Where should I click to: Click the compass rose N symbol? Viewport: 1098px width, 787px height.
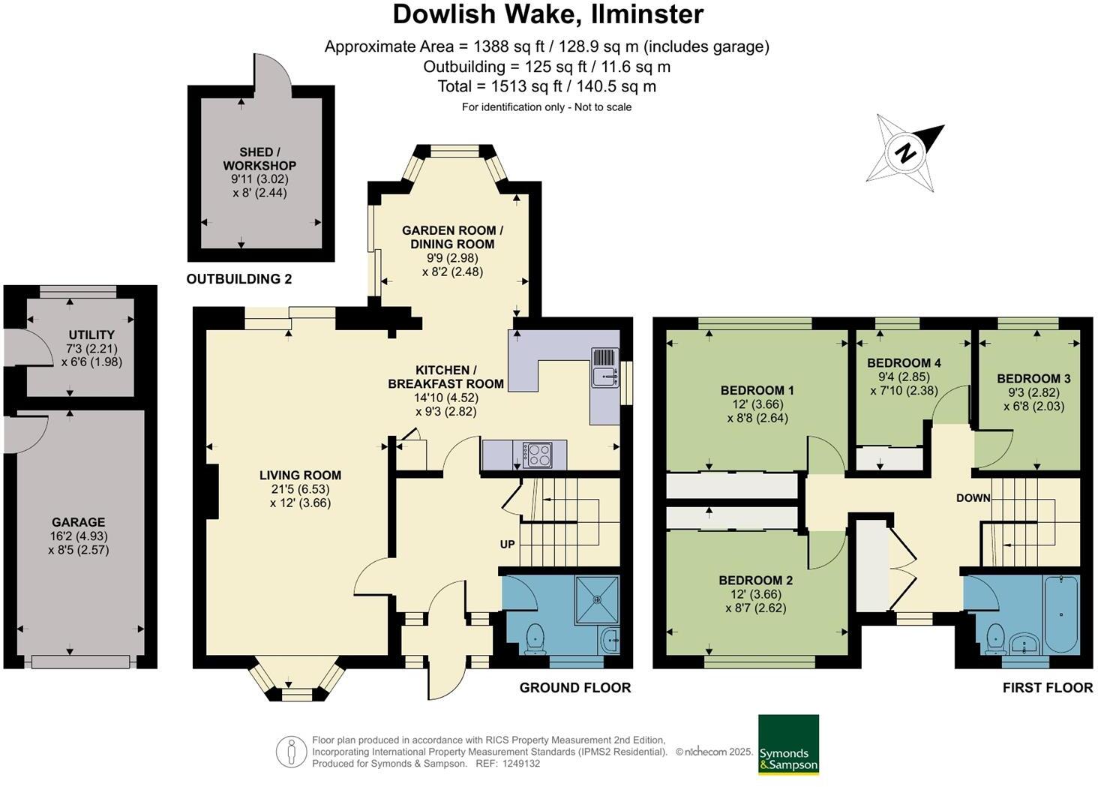click(x=906, y=153)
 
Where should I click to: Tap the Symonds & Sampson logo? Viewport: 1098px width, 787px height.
click(x=788, y=744)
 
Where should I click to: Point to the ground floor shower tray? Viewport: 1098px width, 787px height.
click(x=598, y=599)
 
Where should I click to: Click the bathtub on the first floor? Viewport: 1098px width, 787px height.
click(x=1061, y=614)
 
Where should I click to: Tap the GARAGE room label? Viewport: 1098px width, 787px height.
click(x=78, y=522)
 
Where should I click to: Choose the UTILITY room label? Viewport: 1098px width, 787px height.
click(x=91, y=335)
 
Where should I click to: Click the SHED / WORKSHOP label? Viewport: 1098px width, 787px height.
click(x=259, y=159)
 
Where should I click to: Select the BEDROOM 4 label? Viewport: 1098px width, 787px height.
click(x=904, y=362)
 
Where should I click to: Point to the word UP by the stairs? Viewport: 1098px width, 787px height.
click(x=508, y=544)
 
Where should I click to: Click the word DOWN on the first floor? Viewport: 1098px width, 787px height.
click(x=973, y=498)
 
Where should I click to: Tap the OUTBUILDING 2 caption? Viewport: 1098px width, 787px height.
click(x=238, y=279)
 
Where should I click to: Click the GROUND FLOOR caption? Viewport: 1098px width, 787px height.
click(x=575, y=687)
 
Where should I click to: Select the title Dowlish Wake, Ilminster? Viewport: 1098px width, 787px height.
click(x=548, y=14)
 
